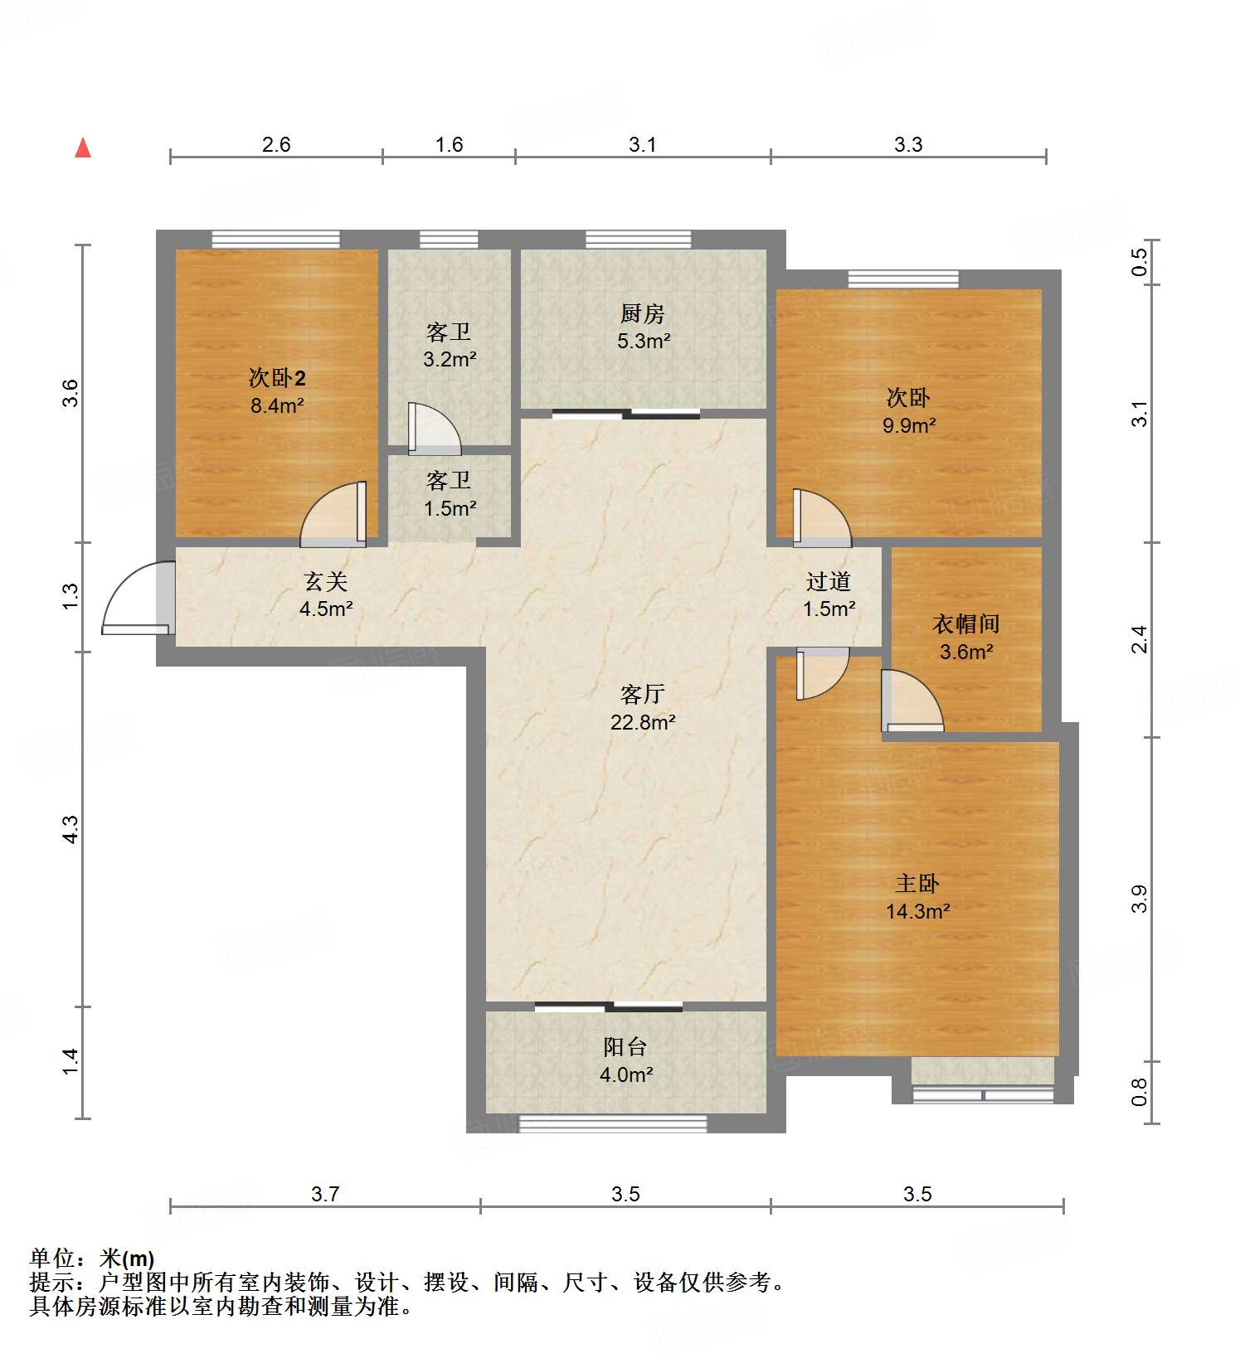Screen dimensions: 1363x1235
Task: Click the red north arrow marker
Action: tap(83, 148)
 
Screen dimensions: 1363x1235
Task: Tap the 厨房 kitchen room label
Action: tap(642, 314)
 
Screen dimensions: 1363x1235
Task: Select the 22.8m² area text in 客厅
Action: tap(643, 722)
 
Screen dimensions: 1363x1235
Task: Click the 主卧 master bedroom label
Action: tap(917, 884)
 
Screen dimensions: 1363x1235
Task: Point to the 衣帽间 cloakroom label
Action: tap(966, 624)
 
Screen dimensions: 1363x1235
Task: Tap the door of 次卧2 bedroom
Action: tap(334, 516)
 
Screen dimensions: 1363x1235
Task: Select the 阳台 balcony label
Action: tap(625, 1047)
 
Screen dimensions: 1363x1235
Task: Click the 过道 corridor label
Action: tap(828, 582)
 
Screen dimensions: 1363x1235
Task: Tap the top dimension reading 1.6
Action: tap(449, 145)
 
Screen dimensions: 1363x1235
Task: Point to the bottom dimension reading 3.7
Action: tap(325, 1194)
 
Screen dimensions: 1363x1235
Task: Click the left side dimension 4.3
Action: tap(71, 829)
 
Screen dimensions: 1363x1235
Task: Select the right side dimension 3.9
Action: tap(1140, 899)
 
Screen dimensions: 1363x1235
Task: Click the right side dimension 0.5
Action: tap(1140, 262)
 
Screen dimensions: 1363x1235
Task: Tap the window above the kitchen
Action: tap(638, 240)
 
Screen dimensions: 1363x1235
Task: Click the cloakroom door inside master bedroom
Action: tap(912, 702)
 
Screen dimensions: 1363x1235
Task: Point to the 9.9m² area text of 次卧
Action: tap(909, 426)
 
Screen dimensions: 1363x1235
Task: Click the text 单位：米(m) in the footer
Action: tap(92, 1259)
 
